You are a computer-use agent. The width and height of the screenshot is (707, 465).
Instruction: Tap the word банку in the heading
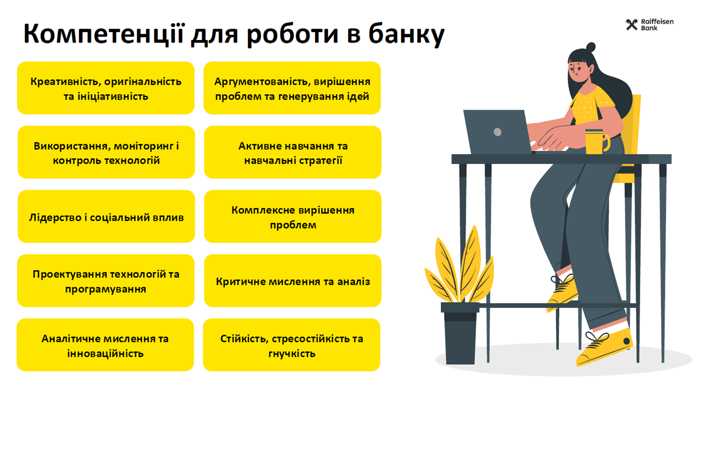point(407,34)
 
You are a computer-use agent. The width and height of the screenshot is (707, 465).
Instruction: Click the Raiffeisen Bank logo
point(650,25)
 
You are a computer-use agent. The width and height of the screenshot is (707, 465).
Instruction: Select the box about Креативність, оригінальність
point(106,88)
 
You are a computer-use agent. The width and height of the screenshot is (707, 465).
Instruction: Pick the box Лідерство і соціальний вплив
point(106,217)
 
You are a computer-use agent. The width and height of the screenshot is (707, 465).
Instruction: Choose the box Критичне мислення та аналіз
point(293,281)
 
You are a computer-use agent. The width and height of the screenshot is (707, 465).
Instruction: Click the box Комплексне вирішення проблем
point(293,217)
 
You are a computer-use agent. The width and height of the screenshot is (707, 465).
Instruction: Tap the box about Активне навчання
point(293,152)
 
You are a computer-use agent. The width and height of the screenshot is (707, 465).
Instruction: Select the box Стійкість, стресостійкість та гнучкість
point(292,345)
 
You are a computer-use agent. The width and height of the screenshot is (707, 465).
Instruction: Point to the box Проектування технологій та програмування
point(106,281)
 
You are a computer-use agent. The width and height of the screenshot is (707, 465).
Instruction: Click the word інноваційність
point(105,353)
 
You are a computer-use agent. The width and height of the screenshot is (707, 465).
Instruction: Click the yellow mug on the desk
point(596,141)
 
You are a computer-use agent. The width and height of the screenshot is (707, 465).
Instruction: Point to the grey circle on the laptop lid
point(498,132)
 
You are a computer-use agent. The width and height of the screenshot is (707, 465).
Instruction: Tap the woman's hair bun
point(590,47)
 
